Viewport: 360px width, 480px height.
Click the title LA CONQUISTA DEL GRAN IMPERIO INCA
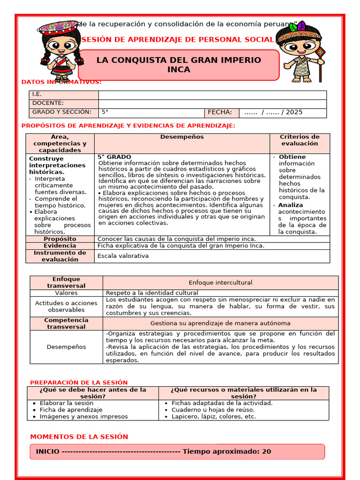click(179, 65)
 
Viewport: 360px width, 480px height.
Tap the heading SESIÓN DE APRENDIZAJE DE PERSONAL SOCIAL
click(177, 40)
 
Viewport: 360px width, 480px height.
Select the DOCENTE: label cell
click(48, 103)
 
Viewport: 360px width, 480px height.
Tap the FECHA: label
click(220, 112)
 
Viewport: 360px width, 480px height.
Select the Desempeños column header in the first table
click(182, 137)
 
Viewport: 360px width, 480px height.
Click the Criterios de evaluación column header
click(300, 140)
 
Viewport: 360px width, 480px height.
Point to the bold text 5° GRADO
click(114, 157)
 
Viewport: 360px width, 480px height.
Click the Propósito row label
click(60, 239)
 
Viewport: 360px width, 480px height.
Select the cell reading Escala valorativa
click(123, 256)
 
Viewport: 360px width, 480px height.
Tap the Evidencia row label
click(60, 246)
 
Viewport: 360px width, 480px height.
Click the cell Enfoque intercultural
click(220, 283)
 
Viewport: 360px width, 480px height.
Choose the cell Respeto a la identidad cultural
click(146, 293)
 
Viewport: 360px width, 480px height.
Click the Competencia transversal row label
click(66, 323)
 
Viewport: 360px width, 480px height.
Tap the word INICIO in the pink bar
click(47, 452)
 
